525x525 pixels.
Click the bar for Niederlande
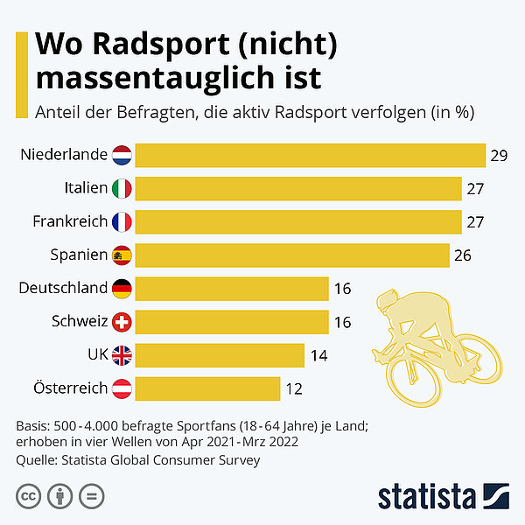pos(311,155)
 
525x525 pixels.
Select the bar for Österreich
pos(207,388)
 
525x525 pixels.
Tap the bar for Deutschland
pos(232,288)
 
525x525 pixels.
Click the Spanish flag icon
pos(122,255)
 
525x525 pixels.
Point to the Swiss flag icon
pos(122,321)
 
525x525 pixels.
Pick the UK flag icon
pos(122,354)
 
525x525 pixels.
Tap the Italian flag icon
pos(122,188)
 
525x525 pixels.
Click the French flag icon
pos(122,221)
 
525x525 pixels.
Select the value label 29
pos(500,156)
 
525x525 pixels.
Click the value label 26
pos(464,255)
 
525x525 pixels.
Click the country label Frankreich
pos(70,221)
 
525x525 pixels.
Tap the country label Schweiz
pos(80,321)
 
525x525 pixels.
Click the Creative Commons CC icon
pos(28,496)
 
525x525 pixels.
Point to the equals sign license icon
pos(90,496)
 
